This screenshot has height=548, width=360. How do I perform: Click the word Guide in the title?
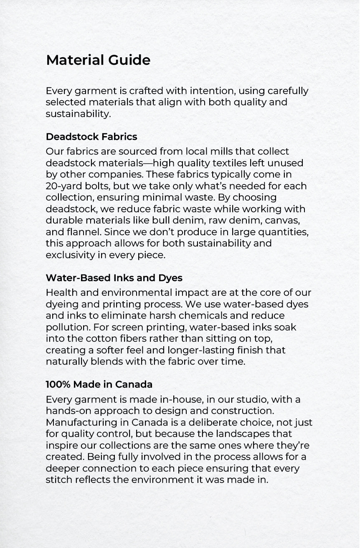[129, 60]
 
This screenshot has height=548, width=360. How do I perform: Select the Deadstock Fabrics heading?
[91, 137]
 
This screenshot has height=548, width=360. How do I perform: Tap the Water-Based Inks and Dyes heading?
[114, 278]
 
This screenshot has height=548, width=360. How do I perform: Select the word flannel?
[81, 232]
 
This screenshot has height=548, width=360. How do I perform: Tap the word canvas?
[286, 220]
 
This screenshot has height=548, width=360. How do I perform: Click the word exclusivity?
[70, 255]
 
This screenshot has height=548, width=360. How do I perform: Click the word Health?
[60, 293]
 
